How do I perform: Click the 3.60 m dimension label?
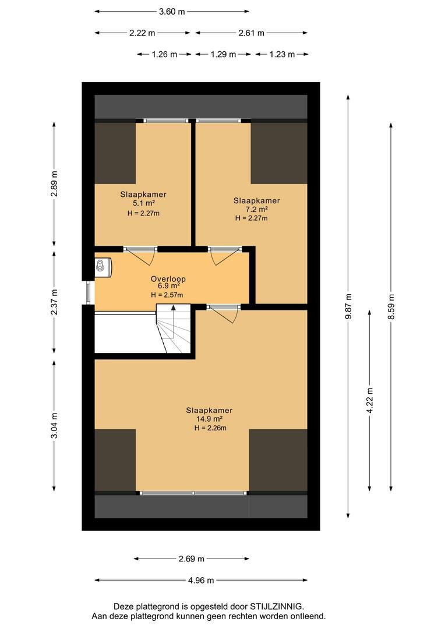pos(172,12)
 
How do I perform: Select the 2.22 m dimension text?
pos(142,33)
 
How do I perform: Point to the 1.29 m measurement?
pos(223,55)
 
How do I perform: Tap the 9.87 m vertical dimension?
pos(348,306)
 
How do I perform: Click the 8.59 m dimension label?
pos(391,306)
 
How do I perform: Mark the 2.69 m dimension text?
pos(192,559)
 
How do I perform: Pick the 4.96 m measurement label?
pos(201,581)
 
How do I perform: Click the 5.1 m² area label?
pos(144,204)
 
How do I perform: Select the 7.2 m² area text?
pos(257,210)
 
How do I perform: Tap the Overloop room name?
pos(168,279)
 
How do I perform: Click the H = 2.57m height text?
pos(167,295)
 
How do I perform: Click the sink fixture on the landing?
pos(103,266)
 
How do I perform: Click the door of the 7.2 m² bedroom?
pos(225,256)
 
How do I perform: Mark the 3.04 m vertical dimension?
pos(55,425)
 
